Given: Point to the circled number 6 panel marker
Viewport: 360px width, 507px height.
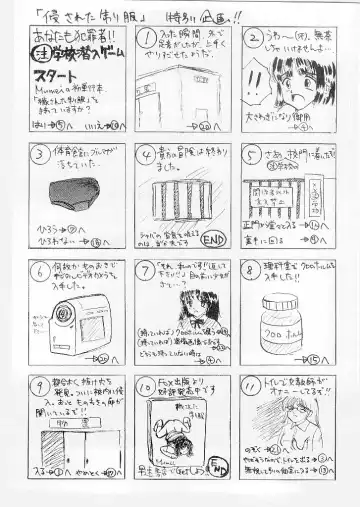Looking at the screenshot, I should (36, 269).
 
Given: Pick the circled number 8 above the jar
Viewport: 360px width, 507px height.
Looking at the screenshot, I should (252, 269).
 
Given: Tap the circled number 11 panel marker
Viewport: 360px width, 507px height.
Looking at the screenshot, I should (252, 385).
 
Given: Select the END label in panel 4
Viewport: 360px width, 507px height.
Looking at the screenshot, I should (213, 238).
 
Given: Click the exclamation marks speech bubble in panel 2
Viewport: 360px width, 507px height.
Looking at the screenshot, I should (259, 85).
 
